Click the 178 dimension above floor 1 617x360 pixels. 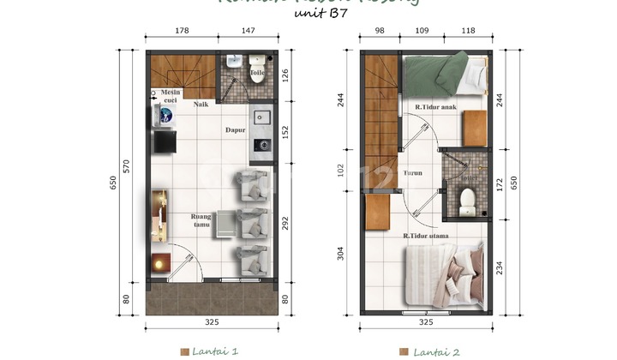181,31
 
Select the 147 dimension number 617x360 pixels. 247,31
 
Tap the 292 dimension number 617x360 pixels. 287,222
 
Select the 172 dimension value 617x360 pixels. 500,184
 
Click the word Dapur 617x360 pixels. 235,130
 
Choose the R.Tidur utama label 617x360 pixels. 426,236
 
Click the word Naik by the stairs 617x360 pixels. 201,105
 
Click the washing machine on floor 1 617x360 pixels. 165,115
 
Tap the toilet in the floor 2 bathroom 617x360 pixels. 468,201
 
